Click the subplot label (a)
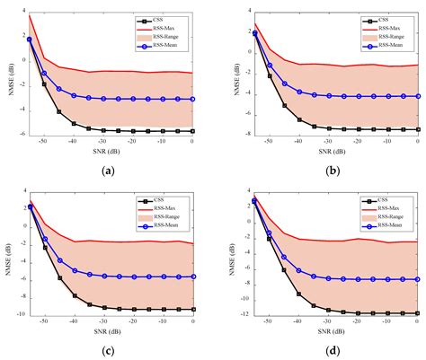109,170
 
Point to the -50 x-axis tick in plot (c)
44,319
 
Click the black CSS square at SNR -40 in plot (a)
74,123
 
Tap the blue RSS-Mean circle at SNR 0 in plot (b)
404,96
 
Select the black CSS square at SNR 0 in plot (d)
404,313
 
